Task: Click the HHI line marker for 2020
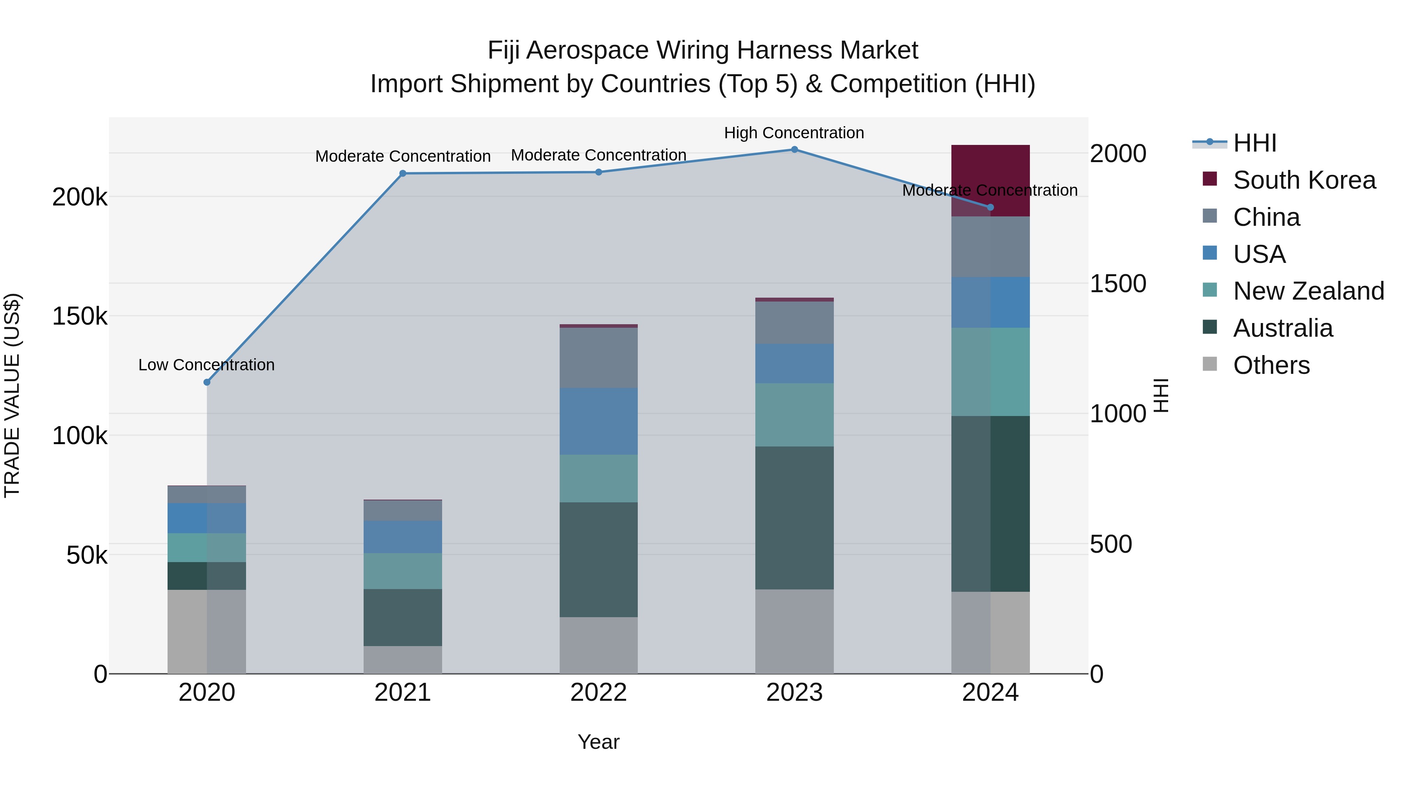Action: [x=207, y=382]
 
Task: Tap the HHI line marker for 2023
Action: [x=794, y=150]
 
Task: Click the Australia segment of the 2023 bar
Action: [x=794, y=518]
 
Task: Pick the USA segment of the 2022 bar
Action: [x=598, y=421]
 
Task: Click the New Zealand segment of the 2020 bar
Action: [x=207, y=548]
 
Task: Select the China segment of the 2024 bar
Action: [x=990, y=247]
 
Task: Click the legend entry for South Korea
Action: [x=1304, y=180]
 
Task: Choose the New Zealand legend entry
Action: [x=1308, y=291]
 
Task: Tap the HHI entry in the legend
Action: [x=1254, y=143]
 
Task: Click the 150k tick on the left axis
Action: [x=80, y=316]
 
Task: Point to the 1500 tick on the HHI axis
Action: [x=1118, y=283]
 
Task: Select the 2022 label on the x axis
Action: [x=598, y=693]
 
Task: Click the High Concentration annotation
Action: [x=794, y=133]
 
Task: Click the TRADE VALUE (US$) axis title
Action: [x=12, y=395]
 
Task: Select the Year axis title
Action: [x=598, y=742]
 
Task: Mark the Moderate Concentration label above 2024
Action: [x=990, y=191]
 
